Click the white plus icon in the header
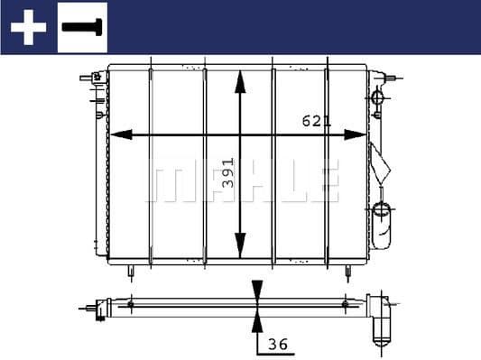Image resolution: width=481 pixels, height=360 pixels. (28, 27)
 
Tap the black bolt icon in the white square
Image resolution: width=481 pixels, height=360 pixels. (83, 27)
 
